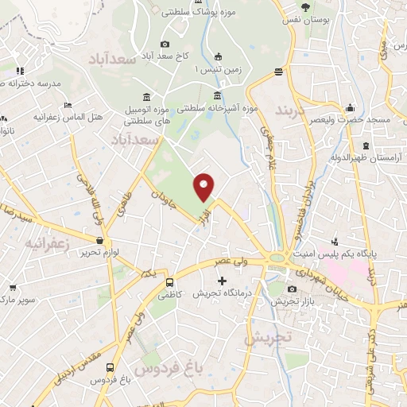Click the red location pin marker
coord(204,186)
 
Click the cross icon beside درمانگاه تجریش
coord(222,281)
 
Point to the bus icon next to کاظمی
coord(169,282)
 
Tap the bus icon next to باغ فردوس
coord(110,368)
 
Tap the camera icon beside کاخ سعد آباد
coord(165,45)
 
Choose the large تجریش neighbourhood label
coord(268,338)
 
